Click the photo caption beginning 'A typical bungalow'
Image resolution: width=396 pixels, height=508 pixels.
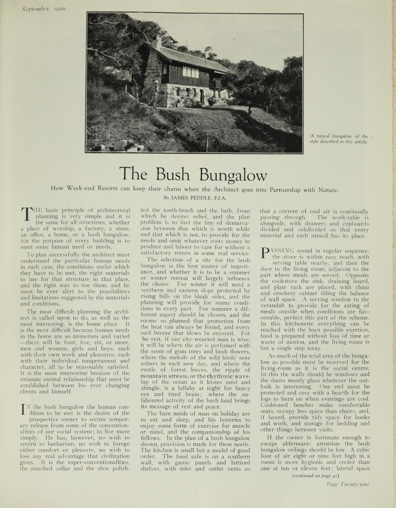(x=339, y=138)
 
